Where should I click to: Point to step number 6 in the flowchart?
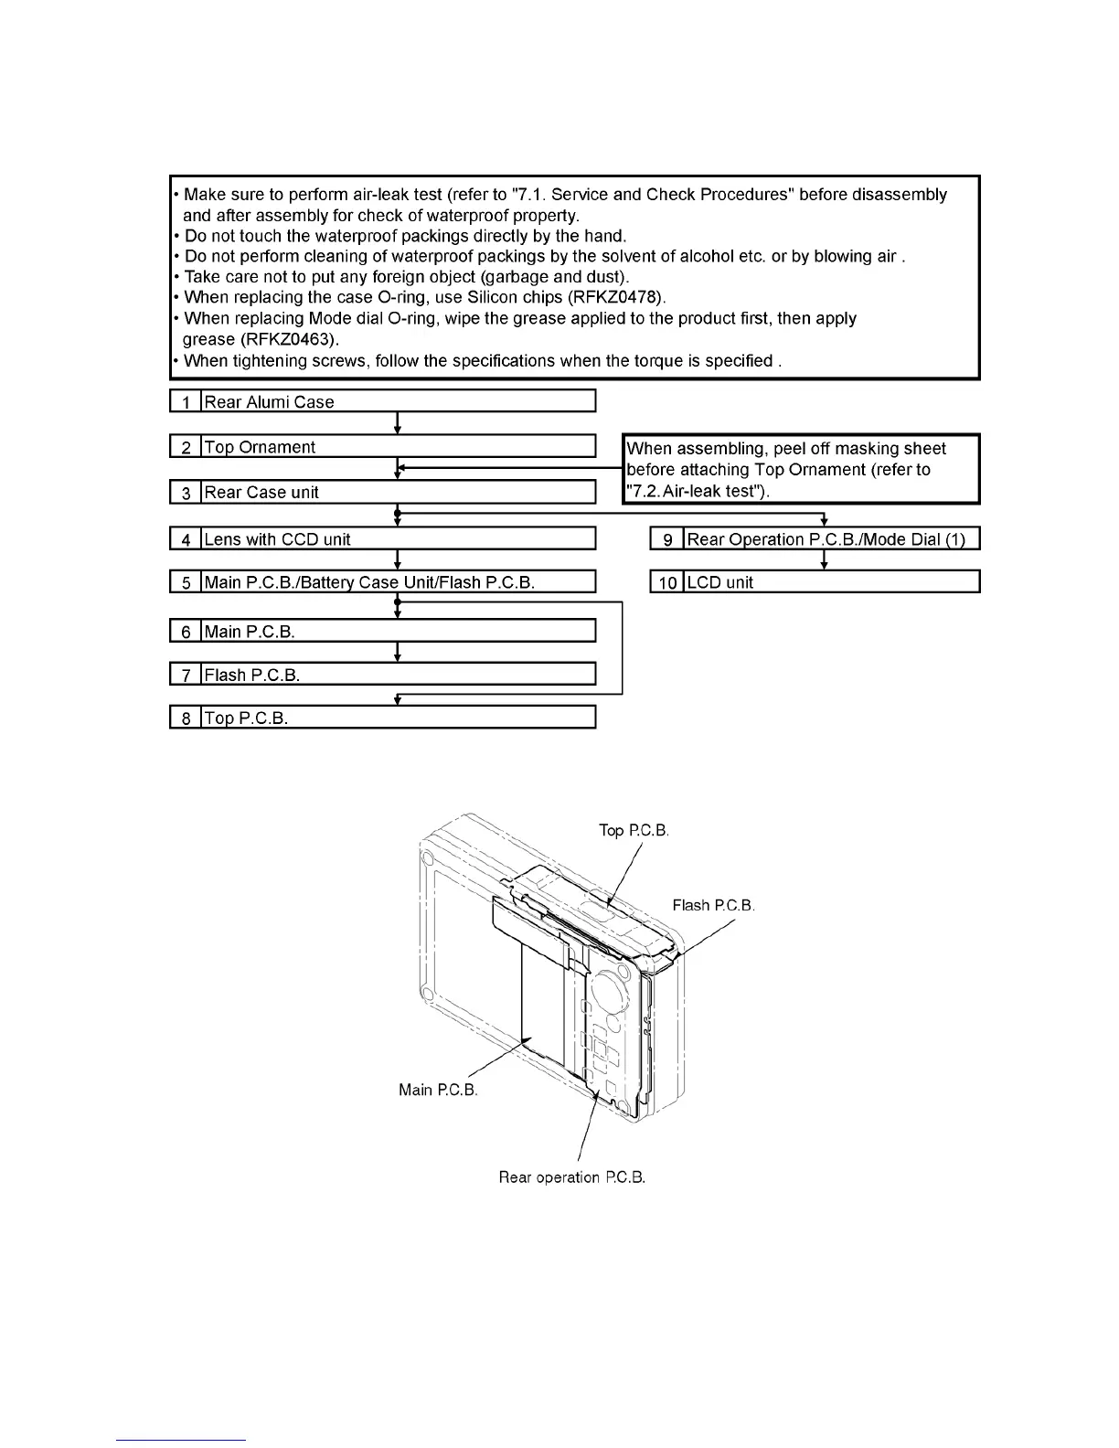click(186, 632)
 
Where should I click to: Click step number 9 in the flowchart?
click(667, 539)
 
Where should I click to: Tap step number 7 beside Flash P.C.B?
click(186, 676)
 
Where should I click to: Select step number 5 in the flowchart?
click(186, 582)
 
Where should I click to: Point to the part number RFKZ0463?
click(291, 339)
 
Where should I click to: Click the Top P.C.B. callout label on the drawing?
click(634, 831)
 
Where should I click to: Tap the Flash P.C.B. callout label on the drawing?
click(713, 905)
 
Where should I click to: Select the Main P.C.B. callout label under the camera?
click(438, 1090)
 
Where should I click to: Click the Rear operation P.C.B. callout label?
click(572, 1177)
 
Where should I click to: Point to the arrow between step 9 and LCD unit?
click(825, 560)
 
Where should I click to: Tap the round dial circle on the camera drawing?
click(605, 992)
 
